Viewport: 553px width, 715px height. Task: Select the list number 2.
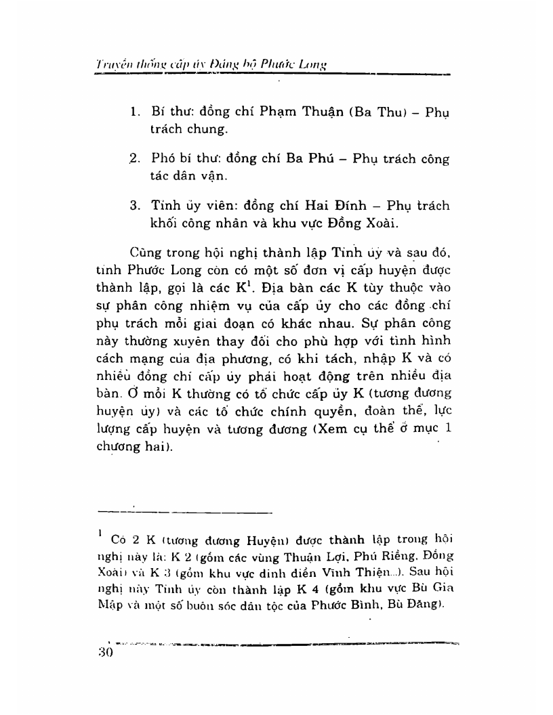click(134, 159)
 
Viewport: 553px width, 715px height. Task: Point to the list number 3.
click(134, 206)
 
